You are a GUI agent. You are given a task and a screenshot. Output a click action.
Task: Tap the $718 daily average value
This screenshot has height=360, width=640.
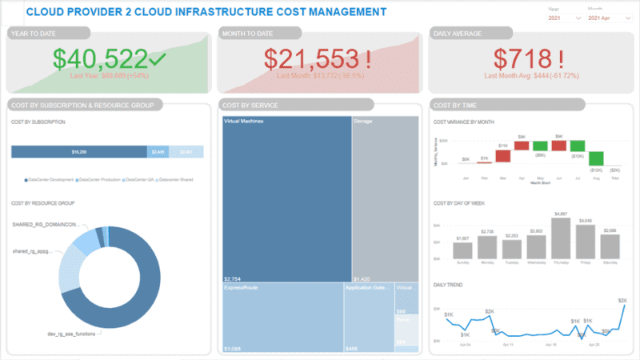524,60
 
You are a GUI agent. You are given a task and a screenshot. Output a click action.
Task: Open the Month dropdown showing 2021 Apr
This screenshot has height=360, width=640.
606,17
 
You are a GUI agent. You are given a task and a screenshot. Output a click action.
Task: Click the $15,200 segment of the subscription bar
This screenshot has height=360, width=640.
79,151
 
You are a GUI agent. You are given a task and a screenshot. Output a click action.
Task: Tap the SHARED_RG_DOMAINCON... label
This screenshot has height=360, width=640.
45,225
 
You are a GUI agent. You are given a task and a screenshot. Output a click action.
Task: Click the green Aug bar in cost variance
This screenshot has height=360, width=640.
596,158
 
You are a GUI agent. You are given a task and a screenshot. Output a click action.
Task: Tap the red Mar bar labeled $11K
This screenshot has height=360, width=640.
503,154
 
